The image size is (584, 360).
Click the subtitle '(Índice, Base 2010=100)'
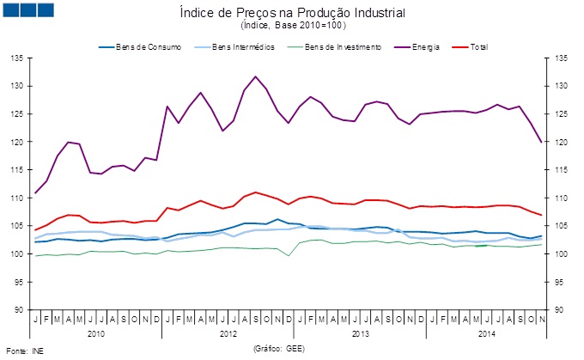293,26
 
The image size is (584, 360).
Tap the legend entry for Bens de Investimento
338,46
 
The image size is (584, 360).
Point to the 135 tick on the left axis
16,58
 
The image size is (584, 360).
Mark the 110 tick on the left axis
16,198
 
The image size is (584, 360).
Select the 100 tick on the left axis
16,253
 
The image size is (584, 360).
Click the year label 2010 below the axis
96,332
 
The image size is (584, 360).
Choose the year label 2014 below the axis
487,332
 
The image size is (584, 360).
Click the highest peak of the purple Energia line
256,76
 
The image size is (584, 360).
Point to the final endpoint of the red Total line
541,215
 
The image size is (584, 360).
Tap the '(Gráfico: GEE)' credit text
280,349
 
